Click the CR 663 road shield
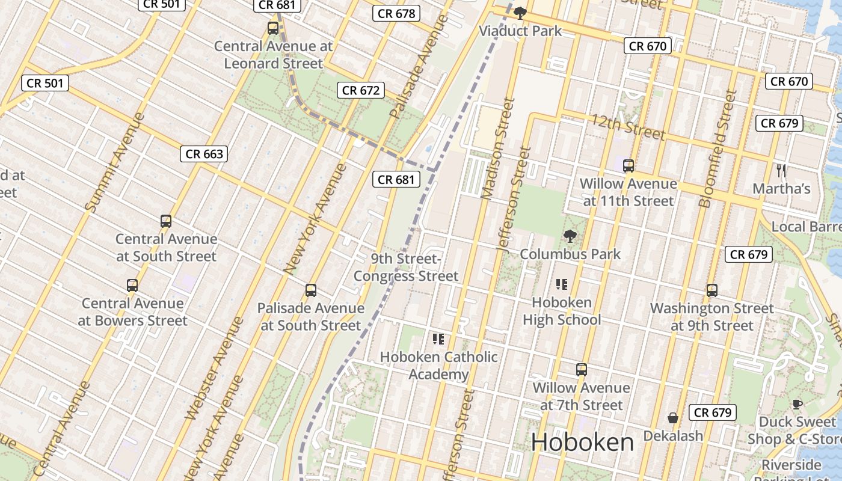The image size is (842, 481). (x=204, y=154)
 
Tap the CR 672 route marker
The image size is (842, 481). (x=361, y=90)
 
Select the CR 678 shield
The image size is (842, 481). (x=396, y=13)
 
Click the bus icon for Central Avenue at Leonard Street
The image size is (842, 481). (x=273, y=28)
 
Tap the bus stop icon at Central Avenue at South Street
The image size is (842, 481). (x=166, y=221)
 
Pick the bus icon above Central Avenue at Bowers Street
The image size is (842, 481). (x=132, y=285)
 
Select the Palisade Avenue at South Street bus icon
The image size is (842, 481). (x=311, y=290)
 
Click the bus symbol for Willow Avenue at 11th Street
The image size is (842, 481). (x=628, y=165)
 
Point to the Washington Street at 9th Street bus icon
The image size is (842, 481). (x=712, y=290)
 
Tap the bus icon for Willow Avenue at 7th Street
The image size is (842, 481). (x=582, y=369)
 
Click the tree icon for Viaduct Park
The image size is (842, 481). (x=520, y=13)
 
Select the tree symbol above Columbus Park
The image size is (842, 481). (x=570, y=236)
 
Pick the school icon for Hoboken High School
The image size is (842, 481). (x=562, y=284)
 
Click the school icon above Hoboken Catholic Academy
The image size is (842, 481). (x=438, y=339)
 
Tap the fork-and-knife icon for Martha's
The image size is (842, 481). (x=781, y=170)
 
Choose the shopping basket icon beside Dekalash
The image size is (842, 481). (x=673, y=417)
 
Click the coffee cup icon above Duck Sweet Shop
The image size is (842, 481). (x=797, y=404)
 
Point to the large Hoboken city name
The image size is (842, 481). (x=582, y=443)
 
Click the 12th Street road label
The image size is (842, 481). (x=628, y=126)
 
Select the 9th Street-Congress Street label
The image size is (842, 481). (x=406, y=268)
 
